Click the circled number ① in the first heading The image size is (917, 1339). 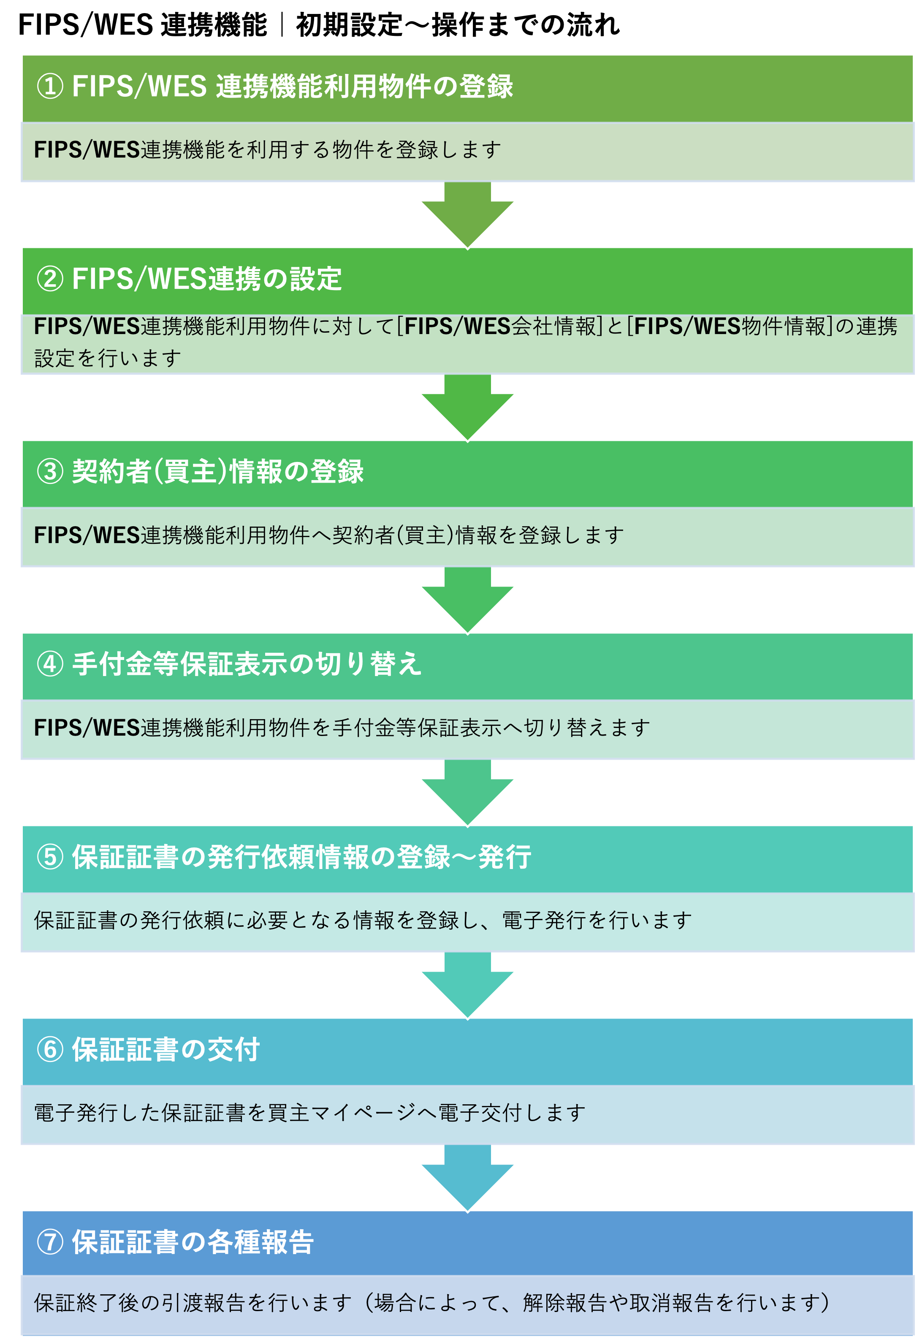pos(50,87)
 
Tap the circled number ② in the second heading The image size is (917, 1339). pos(50,280)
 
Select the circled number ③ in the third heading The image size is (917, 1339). pos(50,472)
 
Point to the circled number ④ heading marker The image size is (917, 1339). pos(50,664)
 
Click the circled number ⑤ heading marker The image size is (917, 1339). pos(50,857)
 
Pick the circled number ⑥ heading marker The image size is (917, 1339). pos(50,1050)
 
